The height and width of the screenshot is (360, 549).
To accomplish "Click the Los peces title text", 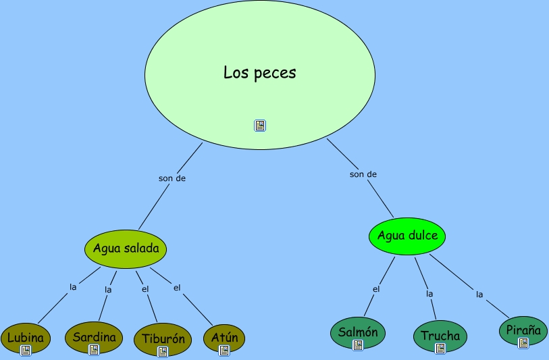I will (260, 72).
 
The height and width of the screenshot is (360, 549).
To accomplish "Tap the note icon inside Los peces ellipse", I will (260, 125).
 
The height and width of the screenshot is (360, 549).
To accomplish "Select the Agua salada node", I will (126, 248).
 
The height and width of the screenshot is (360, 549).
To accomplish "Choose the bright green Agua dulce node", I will (407, 236).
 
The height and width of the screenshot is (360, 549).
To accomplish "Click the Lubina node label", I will (26, 337).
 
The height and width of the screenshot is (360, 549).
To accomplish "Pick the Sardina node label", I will (95, 336).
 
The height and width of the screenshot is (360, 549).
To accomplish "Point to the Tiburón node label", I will (162, 339).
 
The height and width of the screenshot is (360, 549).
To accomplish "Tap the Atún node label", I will (224, 337).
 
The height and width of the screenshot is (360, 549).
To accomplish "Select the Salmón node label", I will (358, 332).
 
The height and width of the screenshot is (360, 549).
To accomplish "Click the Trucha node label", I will (440, 335).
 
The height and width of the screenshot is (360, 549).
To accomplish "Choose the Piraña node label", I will (523, 330).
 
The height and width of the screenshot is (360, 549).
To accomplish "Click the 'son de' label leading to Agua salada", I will (172, 178).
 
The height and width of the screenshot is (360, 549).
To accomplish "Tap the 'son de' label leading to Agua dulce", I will (363, 174).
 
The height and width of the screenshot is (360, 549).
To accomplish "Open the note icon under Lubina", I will (26, 350).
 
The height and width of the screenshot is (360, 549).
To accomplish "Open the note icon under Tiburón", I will (162, 351).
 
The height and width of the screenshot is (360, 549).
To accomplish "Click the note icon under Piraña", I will (523, 343).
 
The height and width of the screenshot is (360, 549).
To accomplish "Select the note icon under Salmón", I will (358, 344).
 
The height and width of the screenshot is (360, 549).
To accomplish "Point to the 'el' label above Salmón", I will (376, 290).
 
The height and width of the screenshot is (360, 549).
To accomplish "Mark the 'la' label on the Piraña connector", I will (479, 294).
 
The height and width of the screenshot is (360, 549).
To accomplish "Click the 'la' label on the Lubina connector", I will (73, 286).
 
